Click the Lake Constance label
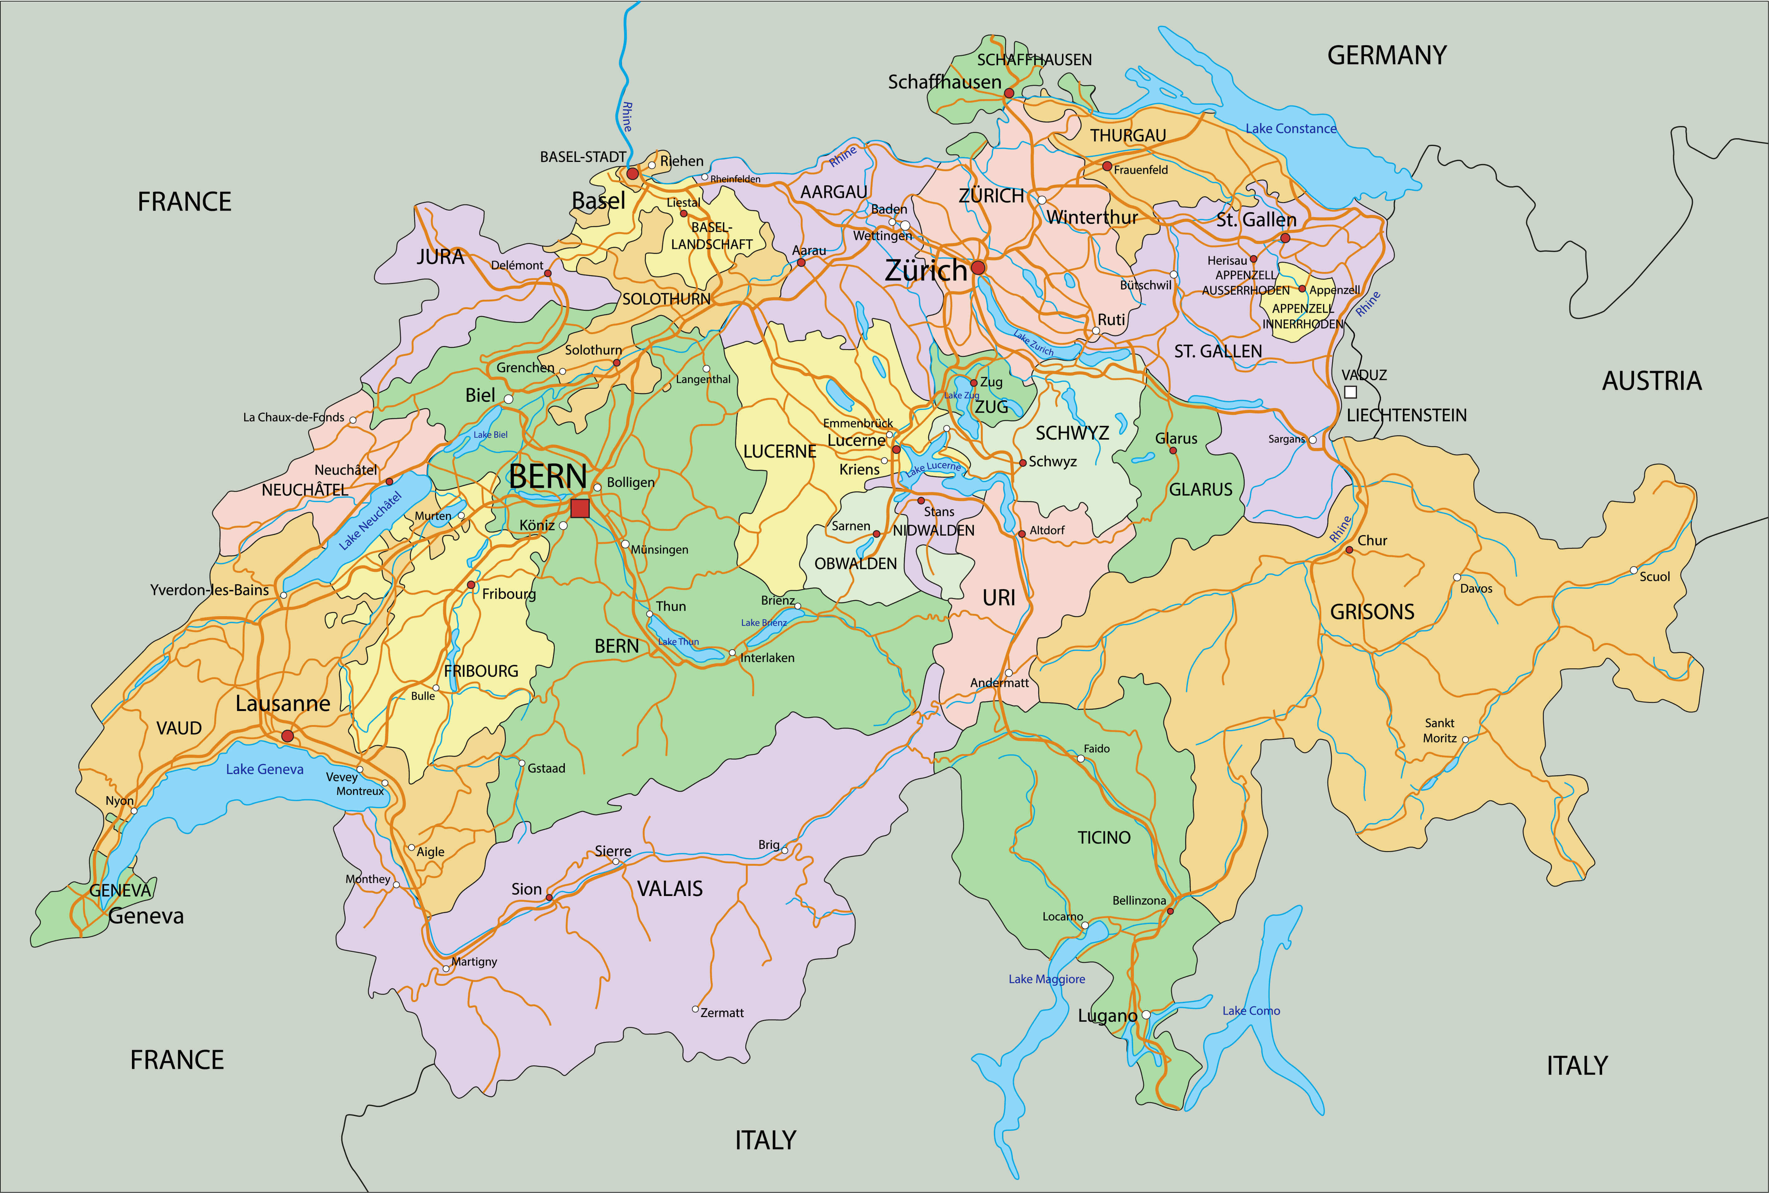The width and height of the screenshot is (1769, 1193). coord(1291,129)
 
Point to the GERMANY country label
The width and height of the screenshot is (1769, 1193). coord(1386,56)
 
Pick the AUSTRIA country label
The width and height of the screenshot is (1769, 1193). coord(1651,380)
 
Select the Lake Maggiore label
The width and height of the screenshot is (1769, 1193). coord(1046,979)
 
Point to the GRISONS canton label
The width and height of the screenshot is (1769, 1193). coord(1372,612)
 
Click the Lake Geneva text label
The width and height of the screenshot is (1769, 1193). coord(265,769)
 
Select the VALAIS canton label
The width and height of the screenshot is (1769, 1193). coord(669,889)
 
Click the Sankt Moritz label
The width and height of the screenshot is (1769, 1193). coord(1440,730)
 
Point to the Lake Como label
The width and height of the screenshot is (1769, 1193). coord(1251,1010)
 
